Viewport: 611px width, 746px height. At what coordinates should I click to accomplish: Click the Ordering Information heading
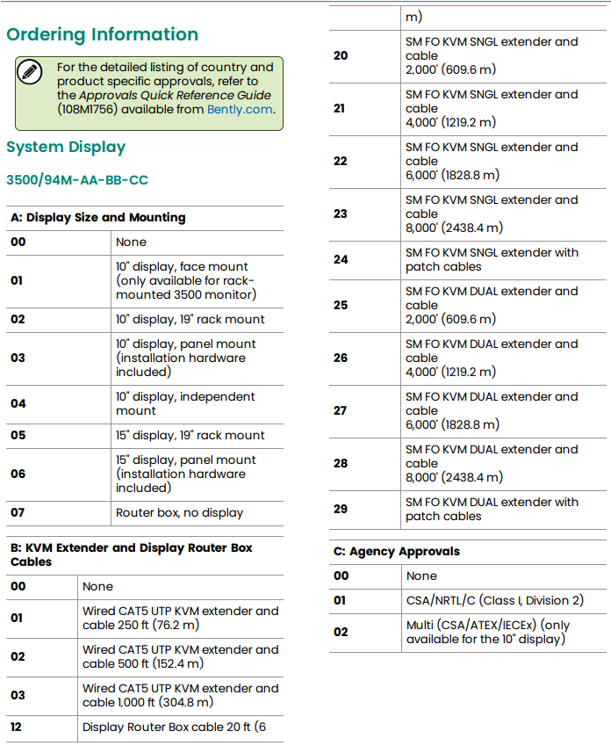pyautogui.click(x=102, y=35)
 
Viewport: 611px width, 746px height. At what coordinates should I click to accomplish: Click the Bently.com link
pyautogui.click(x=240, y=110)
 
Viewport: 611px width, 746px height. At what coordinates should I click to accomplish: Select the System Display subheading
pyautogui.click(x=66, y=148)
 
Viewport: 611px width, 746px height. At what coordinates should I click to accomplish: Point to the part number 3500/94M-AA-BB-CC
pyautogui.click(x=77, y=180)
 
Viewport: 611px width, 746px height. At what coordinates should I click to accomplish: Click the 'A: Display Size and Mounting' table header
pyautogui.click(x=98, y=217)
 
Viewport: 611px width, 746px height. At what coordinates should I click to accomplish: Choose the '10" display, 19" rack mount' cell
pyautogui.click(x=190, y=319)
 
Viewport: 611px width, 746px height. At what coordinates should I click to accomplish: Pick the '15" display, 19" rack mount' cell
pyautogui.click(x=190, y=435)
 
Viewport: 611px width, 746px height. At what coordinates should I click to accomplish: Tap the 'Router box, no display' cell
pyautogui.click(x=179, y=512)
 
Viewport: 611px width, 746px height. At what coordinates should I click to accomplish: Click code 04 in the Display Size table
pyautogui.click(x=18, y=403)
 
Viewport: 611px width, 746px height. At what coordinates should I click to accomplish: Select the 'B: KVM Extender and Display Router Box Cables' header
pyautogui.click(x=132, y=554)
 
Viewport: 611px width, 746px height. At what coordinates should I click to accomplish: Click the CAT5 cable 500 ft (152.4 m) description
pyautogui.click(x=180, y=656)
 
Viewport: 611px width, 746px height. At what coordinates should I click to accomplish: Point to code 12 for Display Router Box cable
pyautogui.click(x=18, y=727)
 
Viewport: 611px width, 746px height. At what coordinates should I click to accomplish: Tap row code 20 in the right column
pyautogui.click(x=341, y=55)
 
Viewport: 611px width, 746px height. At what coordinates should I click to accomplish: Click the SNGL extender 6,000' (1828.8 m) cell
pyautogui.click(x=492, y=161)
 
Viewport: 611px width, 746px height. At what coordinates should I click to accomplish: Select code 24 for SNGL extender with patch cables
pyautogui.click(x=341, y=259)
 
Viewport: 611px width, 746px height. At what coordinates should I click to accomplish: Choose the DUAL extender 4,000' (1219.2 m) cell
pyautogui.click(x=492, y=358)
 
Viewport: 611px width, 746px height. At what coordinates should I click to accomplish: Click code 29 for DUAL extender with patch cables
pyautogui.click(x=341, y=509)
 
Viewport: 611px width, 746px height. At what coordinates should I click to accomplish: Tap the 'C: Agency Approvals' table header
pyautogui.click(x=396, y=552)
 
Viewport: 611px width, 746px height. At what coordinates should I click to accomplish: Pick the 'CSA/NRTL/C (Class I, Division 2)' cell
pyautogui.click(x=494, y=600)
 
